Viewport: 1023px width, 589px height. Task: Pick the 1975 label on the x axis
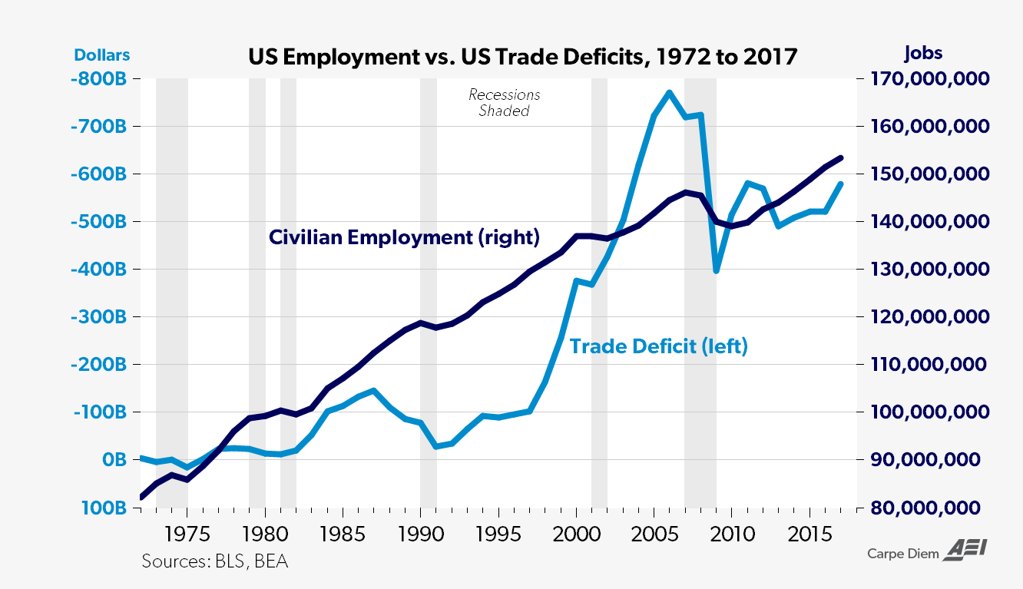[187, 533]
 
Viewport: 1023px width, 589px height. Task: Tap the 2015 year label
[808, 533]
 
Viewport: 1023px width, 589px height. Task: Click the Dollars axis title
[102, 55]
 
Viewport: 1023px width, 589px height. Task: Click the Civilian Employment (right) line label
[404, 237]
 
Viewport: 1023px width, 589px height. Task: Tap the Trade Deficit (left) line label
[659, 346]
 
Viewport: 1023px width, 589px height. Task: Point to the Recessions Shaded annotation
[505, 103]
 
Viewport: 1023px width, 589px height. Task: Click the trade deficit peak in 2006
[669, 93]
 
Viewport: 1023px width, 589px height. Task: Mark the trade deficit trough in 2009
[716, 270]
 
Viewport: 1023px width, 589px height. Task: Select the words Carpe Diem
[903, 554]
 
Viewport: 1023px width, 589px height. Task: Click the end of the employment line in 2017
[841, 157]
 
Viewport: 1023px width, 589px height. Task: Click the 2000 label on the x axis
[575, 533]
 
